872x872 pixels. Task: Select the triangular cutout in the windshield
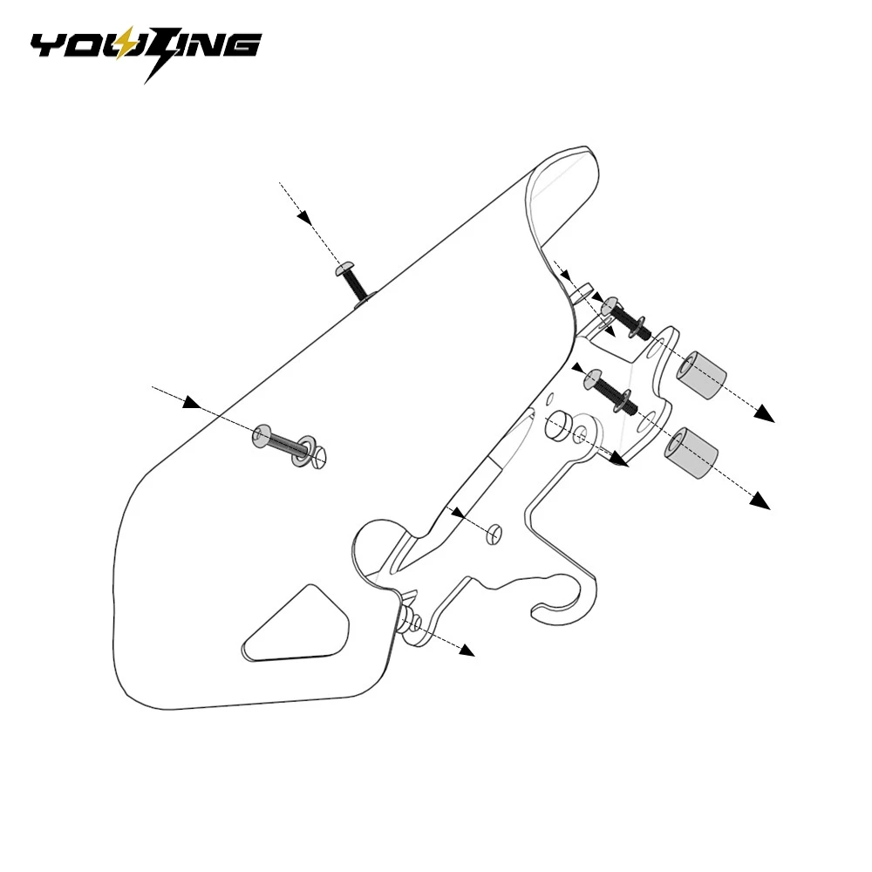click(294, 624)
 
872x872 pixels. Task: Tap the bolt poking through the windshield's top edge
click(351, 282)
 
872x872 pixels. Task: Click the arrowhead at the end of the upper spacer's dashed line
click(766, 413)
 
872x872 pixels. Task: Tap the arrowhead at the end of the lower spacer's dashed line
click(760, 500)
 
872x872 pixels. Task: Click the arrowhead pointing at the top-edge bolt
click(304, 217)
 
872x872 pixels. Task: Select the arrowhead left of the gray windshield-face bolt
click(192, 402)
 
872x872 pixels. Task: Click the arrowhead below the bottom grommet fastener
click(467, 651)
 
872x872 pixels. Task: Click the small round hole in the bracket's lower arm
click(494, 534)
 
